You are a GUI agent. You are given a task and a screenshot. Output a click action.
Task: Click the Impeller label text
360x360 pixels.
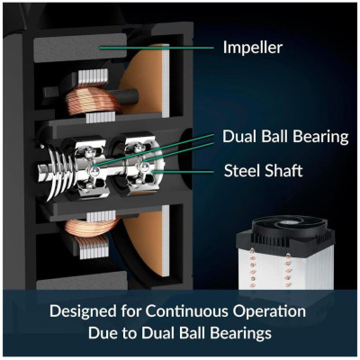253,48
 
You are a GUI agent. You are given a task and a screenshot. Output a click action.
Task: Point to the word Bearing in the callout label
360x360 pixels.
320,138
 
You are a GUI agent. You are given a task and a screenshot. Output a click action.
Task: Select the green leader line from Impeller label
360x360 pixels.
157,48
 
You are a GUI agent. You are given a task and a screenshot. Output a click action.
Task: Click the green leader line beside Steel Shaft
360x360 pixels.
183,172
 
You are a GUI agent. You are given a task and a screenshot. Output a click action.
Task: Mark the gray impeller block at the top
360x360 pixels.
80,48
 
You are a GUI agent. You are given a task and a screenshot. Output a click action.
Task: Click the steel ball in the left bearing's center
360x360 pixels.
94,171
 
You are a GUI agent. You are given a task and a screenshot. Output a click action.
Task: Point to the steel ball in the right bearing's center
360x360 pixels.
143,166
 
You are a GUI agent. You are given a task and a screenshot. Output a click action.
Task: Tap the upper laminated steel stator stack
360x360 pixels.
93,76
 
